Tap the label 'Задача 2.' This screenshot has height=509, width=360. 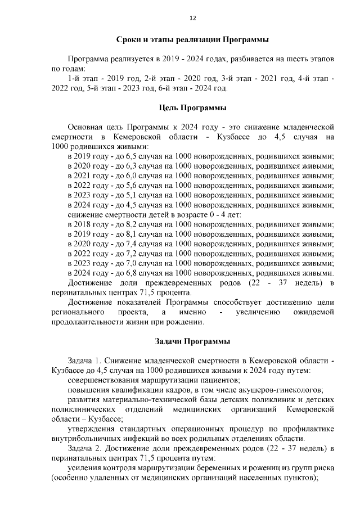click(85, 448)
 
